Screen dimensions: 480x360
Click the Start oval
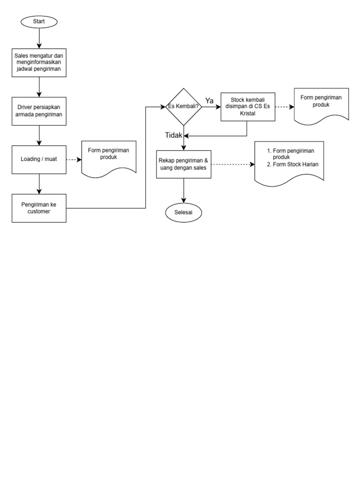(39, 22)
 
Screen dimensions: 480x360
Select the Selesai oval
(183, 212)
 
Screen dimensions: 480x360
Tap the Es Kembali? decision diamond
(183, 107)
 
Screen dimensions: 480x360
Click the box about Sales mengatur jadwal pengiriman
(39, 62)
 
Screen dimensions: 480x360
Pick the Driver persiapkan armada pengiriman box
(39, 111)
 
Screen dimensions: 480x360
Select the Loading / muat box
(39, 159)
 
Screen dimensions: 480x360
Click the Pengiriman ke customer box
(39, 208)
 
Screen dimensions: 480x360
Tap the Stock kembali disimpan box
(247, 107)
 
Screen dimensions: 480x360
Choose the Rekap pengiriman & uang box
(183, 165)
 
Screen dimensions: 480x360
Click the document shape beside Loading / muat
(109, 157)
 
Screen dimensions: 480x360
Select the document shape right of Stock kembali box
(321, 105)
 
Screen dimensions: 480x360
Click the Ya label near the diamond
(210, 101)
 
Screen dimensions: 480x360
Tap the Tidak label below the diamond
(173, 135)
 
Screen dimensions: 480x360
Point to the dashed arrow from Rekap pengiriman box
(232, 165)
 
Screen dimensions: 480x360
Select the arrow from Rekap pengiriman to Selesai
(183, 191)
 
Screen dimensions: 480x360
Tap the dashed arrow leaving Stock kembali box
(283, 107)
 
